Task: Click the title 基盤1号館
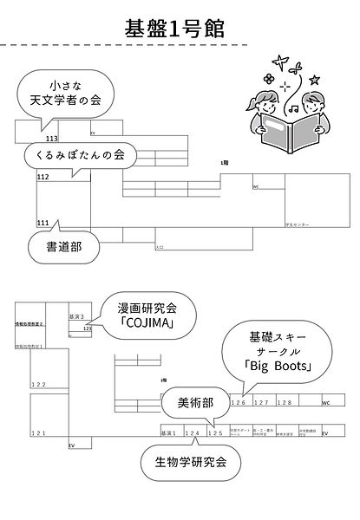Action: [x=180, y=28]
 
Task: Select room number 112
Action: [x=43, y=177]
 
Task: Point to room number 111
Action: [x=43, y=223]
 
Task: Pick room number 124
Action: [x=193, y=432]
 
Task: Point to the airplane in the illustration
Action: [x=278, y=61]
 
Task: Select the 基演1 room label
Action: [x=168, y=432]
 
